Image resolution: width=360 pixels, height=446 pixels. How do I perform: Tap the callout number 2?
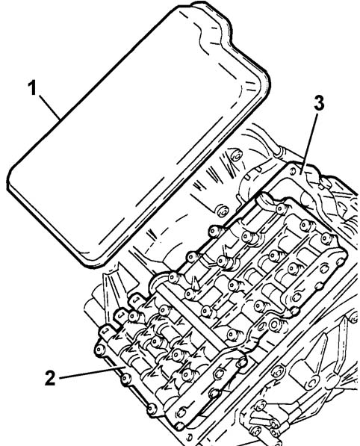tap(50, 378)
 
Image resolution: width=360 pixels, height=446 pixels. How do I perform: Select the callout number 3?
tap(319, 102)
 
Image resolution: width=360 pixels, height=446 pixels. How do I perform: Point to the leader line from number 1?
tap(50, 107)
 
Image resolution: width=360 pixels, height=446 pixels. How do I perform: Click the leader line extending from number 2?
tap(93, 373)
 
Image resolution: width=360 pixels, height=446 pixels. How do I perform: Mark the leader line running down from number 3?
tap(310, 141)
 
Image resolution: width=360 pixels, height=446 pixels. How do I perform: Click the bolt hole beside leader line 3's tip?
tap(294, 170)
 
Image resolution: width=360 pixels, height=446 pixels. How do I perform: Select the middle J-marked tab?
tap(122, 315)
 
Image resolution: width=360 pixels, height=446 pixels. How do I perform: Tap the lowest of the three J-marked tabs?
tap(107, 330)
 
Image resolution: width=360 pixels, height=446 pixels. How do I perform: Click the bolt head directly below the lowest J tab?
tap(100, 350)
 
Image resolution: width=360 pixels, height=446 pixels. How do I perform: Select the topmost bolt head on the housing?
tap(237, 155)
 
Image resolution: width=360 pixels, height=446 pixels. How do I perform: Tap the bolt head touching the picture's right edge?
tap(353, 318)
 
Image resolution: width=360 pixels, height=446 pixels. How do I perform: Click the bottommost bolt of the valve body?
tap(180, 426)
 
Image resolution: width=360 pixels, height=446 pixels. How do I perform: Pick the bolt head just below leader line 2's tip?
tap(126, 379)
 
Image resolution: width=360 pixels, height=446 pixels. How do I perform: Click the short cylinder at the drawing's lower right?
tap(302, 375)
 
